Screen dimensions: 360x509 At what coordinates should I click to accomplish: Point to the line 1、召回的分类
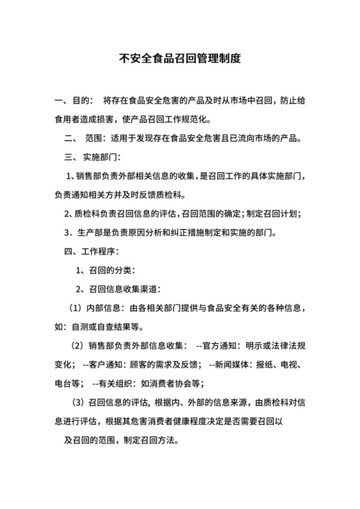tap(105, 269)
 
